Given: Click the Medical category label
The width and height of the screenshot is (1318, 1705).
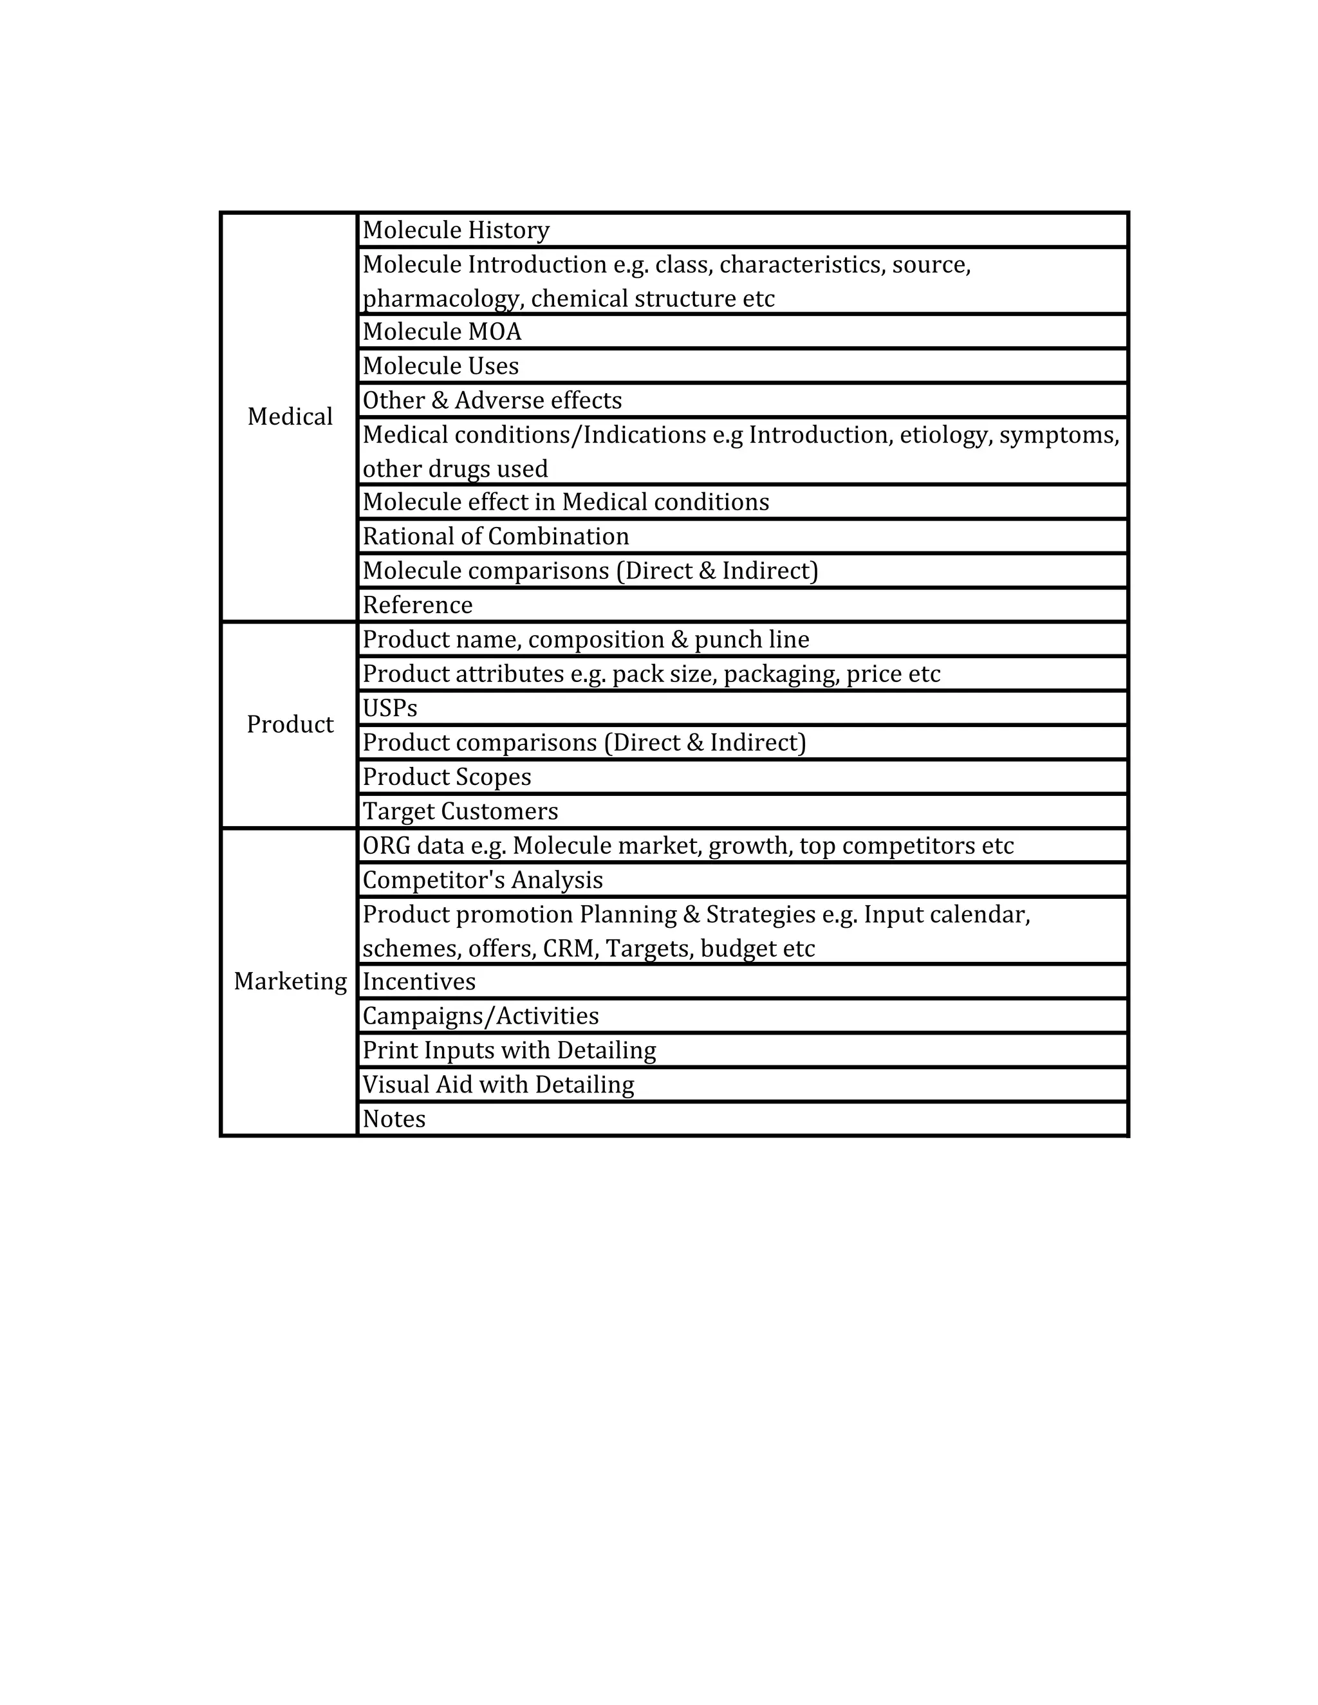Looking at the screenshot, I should pos(290,417).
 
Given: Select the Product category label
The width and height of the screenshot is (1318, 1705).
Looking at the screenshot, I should pos(290,724).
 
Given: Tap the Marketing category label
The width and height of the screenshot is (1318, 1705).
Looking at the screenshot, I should pos(290,981).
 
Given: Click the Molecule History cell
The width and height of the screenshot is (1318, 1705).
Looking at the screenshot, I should pos(456,230).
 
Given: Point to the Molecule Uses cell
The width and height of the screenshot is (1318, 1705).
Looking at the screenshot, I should pos(440,366).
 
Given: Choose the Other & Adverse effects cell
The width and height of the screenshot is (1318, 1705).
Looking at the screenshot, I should pos(492,400).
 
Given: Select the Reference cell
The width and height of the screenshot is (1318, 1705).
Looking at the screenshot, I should pos(418,605).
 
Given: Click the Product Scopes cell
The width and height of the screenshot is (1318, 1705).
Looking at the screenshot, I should pos(447,777).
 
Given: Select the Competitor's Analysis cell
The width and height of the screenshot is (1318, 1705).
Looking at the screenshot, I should pos(483,880).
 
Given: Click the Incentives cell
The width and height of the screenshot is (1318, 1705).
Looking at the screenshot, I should pos(418,981).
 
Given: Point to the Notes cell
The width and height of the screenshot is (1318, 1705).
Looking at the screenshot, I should pos(393,1119).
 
